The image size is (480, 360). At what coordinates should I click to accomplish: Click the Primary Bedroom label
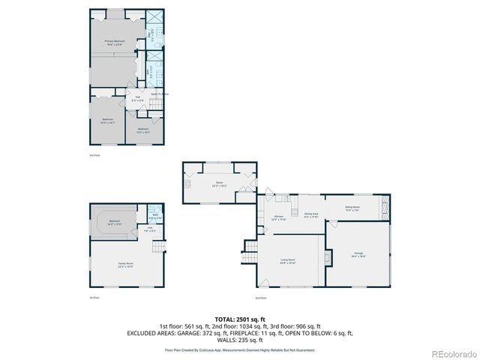(x=114, y=42)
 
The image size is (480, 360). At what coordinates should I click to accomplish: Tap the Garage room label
(x=358, y=254)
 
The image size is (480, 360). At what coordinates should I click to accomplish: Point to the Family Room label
(x=125, y=265)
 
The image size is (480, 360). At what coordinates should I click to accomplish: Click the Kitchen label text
(x=279, y=216)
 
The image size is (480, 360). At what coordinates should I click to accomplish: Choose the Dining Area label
(x=311, y=216)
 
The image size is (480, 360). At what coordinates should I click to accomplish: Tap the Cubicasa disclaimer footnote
(x=240, y=349)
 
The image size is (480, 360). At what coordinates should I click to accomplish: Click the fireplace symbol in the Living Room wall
(x=326, y=257)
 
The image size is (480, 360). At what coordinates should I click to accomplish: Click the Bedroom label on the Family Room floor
(x=114, y=223)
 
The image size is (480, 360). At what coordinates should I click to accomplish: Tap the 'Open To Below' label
(x=160, y=94)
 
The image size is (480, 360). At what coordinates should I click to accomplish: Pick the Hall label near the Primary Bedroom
(x=138, y=98)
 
